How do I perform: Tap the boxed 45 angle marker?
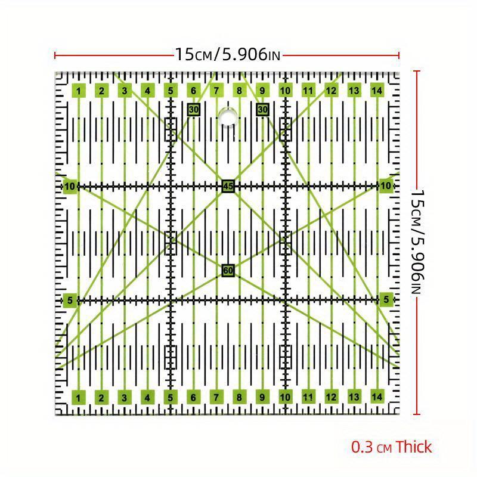tap(227, 186)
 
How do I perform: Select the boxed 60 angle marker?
tap(227, 271)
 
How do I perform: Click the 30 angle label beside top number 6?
tap(193, 109)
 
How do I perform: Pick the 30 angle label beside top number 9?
tap(262, 109)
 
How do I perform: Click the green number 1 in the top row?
tap(79, 91)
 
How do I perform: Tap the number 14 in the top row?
tap(376, 91)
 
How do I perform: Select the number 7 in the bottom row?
tap(216, 397)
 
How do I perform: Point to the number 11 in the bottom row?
tap(308, 397)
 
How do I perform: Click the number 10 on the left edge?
tap(70, 186)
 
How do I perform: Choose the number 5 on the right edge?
tap(386, 299)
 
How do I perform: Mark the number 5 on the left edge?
tap(70, 300)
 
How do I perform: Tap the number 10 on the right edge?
tap(386, 186)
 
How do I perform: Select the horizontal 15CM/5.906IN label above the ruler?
tap(227, 55)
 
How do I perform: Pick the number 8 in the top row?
tap(239, 91)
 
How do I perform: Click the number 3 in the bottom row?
tap(125, 397)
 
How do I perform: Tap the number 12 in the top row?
tap(331, 91)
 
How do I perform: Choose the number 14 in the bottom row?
tap(376, 397)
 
